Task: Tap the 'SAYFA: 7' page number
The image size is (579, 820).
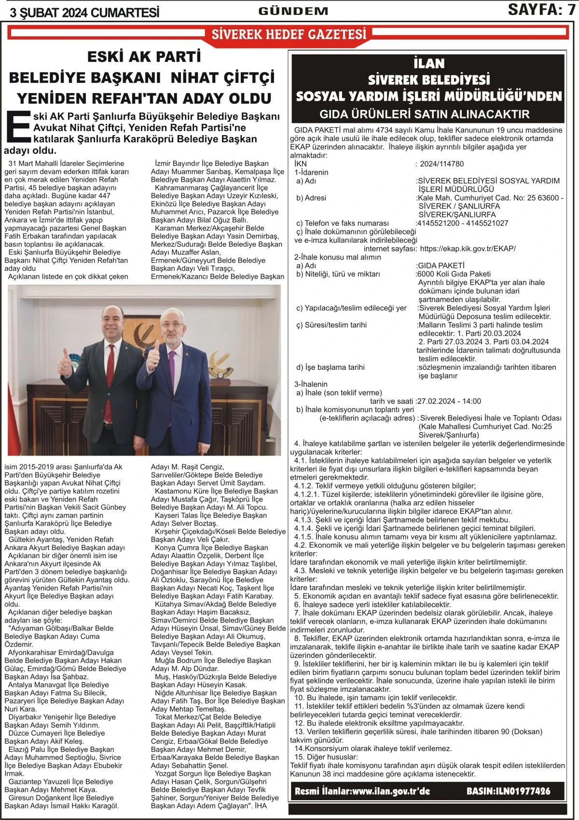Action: pos(541,10)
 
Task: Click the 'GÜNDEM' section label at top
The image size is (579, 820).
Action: pos(293,11)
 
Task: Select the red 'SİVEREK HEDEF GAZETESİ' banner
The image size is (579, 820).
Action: pos(289,34)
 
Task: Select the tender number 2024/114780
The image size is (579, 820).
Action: pos(441,164)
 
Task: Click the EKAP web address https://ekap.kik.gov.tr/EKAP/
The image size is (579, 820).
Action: pos(468,249)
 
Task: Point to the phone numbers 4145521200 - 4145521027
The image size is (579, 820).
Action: pos(463,223)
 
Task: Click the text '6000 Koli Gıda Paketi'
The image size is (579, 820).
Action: pos(454,274)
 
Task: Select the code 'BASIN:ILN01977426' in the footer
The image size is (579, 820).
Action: pos(508,791)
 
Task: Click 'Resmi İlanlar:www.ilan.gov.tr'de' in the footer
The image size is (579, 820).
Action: pos(362,791)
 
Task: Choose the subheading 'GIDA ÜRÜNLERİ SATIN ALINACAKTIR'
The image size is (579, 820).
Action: pos(425,115)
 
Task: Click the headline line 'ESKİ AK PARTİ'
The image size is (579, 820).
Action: pos(144,57)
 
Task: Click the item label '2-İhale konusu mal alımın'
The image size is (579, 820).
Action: pos(338,257)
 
